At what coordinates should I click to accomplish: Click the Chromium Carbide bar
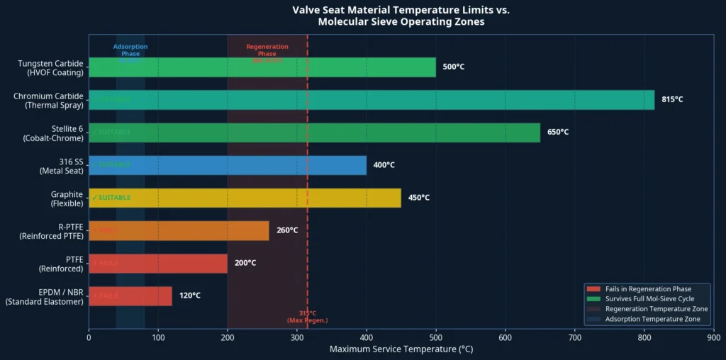pyautogui.click(x=371, y=100)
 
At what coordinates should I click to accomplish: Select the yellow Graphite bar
pyautogui.click(x=245, y=198)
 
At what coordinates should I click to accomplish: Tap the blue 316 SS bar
pyautogui.click(x=228, y=165)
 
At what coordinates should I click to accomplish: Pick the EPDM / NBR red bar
pyautogui.click(x=130, y=296)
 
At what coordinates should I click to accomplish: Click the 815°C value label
pyautogui.click(x=672, y=100)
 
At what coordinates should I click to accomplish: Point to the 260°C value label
pyautogui.click(x=287, y=230)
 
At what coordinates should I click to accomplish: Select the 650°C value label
pyautogui.click(x=557, y=133)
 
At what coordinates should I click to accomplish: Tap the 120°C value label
pyautogui.click(x=189, y=296)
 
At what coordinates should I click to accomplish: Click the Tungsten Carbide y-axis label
pyautogui.click(x=50, y=67)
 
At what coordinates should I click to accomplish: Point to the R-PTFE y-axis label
pyautogui.click(x=51, y=230)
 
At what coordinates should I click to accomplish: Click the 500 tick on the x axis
pyautogui.click(x=435, y=337)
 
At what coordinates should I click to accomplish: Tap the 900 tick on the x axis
pyautogui.click(x=713, y=337)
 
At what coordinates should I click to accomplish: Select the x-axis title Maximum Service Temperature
pyautogui.click(x=401, y=349)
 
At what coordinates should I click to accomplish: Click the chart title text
pyautogui.click(x=401, y=16)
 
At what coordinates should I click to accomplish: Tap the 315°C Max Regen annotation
pyautogui.click(x=307, y=317)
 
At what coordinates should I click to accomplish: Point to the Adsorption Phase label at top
pyautogui.click(x=130, y=50)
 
